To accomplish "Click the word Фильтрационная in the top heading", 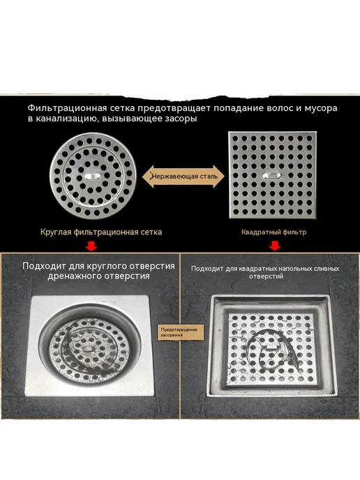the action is point(68,108).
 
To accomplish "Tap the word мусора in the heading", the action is point(321,109).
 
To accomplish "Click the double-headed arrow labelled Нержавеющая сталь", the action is point(183,177).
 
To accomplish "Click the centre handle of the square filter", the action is point(272,175).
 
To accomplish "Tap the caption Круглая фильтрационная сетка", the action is point(101,232).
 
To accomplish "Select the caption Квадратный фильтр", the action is point(273,232).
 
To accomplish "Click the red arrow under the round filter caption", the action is point(91,246).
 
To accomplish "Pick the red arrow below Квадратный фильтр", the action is point(275,246).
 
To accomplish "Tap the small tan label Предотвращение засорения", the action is point(179,332).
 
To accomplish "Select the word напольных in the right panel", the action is point(297,269).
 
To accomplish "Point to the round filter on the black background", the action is point(92,176).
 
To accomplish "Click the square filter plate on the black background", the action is point(273,175).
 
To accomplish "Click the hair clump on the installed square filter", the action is point(269,349).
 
